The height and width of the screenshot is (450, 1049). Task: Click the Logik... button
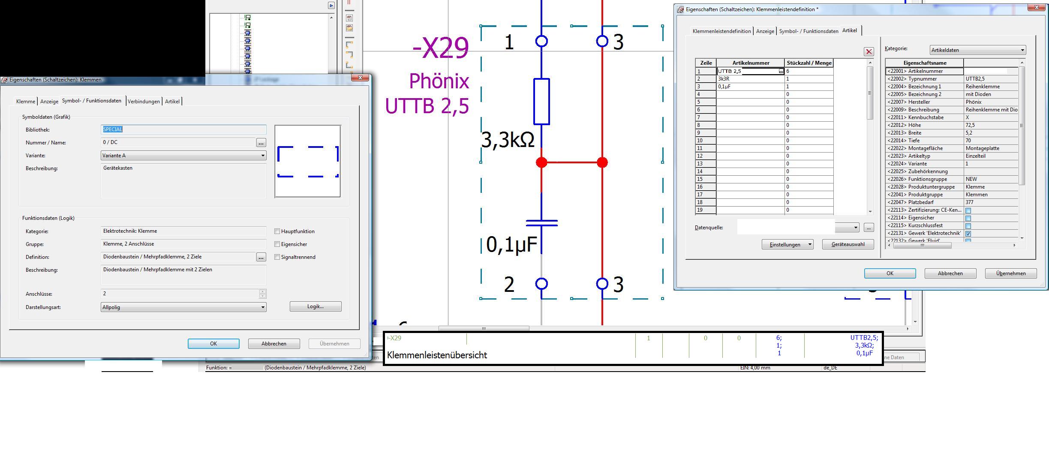point(316,306)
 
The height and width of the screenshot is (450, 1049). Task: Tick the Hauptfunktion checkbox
point(277,231)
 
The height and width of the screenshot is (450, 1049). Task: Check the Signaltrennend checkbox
point(277,257)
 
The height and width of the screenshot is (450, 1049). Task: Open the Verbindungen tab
point(144,102)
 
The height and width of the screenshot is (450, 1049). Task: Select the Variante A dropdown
point(183,156)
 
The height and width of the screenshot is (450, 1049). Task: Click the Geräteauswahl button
point(848,244)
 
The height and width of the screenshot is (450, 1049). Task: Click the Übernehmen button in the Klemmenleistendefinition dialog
point(1011,273)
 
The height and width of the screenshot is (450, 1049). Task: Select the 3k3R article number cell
point(750,79)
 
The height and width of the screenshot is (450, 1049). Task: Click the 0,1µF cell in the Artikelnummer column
point(750,87)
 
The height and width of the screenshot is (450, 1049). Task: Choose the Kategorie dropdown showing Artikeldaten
point(977,50)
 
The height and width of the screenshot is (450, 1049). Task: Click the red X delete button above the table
point(869,52)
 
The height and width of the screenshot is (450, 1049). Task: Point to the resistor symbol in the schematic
point(541,102)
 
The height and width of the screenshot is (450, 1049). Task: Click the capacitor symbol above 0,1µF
point(542,222)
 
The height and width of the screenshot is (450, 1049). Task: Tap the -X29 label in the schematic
point(441,48)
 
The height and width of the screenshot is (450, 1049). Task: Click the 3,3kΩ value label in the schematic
point(508,140)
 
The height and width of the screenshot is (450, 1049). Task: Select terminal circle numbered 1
point(542,41)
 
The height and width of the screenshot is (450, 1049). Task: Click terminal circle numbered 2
point(542,284)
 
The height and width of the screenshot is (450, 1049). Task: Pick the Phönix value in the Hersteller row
point(974,102)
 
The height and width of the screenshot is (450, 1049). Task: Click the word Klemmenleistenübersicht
point(437,355)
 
